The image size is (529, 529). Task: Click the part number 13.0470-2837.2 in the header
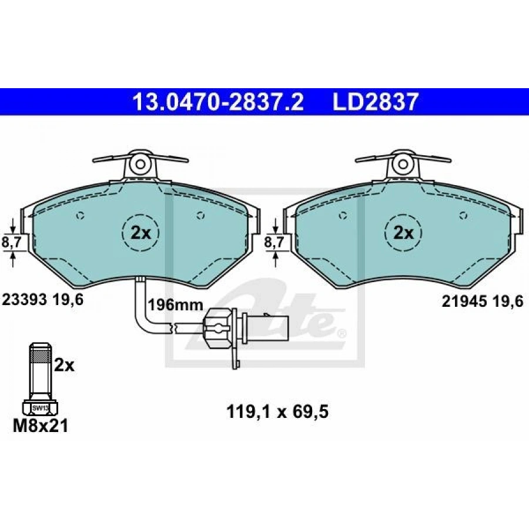pyautogui.click(x=218, y=102)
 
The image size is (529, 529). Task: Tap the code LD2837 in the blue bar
pyautogui.click(x=376, y=102)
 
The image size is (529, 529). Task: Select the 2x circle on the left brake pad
pyautogui.click(x=140, y=233)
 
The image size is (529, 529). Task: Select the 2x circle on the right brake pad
pyautogui.click(x=403, y=233)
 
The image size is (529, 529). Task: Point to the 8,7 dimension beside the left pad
pyautogui.click(x=12, y=243)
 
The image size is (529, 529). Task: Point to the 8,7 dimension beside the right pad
pyautogui.click(x=274, y=243)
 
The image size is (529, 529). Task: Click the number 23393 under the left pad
pyautogui.click(x=24, y=300)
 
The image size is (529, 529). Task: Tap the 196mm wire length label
pyautogui.click(x=176, y=305)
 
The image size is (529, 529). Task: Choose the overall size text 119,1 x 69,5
pyautogui.click(x=277, y=412)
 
